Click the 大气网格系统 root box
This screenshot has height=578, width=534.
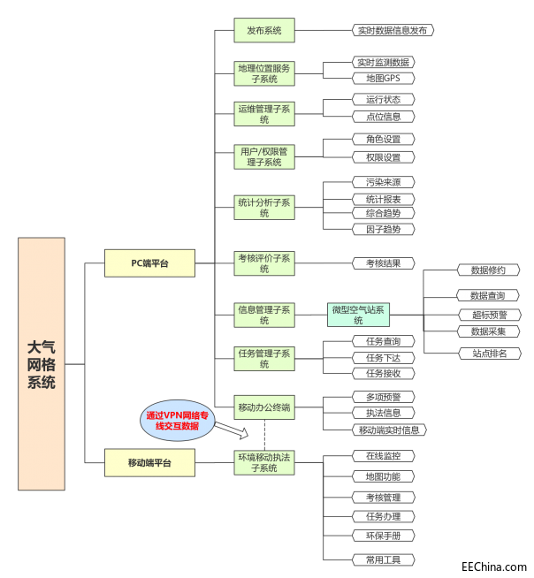(42, 363)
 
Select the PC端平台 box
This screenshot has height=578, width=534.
(149, 262)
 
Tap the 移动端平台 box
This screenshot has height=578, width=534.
(149, 461)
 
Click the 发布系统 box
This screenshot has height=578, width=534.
(263, 31)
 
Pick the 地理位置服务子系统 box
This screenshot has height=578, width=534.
(263, 73)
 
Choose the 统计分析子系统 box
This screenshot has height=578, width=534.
(263, 208)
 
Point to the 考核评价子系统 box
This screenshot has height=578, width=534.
(263, 262)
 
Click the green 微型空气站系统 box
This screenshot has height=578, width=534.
(358, 314)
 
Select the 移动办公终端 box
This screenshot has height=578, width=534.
(263, 408)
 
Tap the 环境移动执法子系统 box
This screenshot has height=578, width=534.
(263, 461)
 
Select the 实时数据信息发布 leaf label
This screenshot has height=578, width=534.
(392, 30)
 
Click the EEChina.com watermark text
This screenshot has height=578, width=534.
(493, 567)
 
